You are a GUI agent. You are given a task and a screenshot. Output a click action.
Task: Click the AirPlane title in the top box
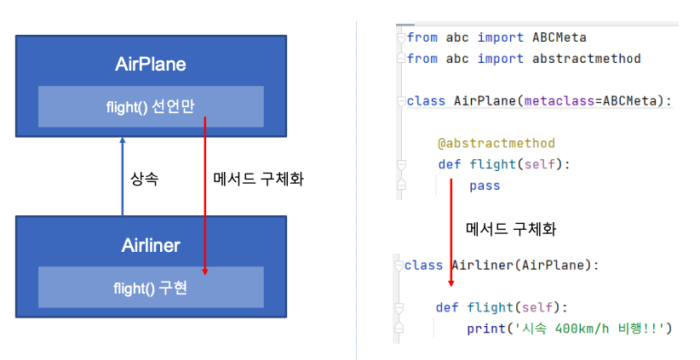(x=151, y=64)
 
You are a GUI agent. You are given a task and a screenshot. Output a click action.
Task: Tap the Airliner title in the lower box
(x=151, y=246)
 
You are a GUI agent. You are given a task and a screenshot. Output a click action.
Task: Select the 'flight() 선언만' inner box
(x=151, y=106)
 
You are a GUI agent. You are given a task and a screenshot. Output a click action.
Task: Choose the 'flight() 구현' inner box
(x=151, y=288)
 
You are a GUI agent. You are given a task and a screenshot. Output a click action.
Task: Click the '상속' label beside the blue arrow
(x=144, y=180)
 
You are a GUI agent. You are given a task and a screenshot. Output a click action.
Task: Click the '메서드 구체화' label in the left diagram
(x=257, y=180)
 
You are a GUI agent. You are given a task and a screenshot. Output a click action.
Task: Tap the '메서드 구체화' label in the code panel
(x=511, y=229)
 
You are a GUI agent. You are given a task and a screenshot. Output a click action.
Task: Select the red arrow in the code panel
(x=451, y=230)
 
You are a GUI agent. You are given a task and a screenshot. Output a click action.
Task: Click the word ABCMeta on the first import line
(x=559, y=37)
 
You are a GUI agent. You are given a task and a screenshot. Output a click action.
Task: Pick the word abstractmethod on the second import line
(x=586, y=59)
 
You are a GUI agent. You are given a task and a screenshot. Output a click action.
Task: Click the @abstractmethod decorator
(x=496, y=143)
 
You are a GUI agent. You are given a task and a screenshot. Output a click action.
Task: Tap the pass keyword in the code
(x=484, y=185)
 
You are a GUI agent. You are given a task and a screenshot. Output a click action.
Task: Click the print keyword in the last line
(x=485, y=328)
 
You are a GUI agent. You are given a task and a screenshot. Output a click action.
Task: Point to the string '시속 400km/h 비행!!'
(x=588, y=328)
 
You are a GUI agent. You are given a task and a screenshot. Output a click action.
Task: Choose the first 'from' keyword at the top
(x=422, y=37)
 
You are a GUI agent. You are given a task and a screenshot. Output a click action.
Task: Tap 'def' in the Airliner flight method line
(x=447, y=306)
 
